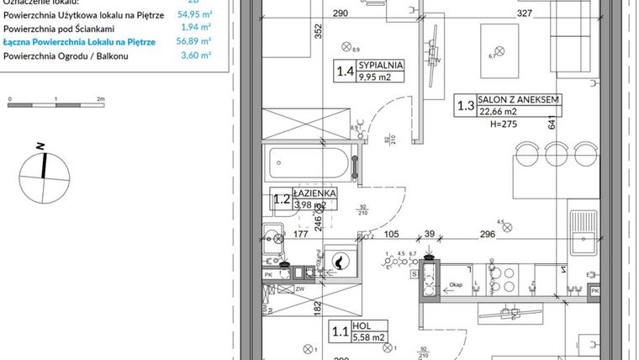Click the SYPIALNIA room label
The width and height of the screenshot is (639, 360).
pyautogui.click(x=381, y=64)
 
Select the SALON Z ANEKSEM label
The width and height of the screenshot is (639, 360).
pyautogui.click(x=518, y=99)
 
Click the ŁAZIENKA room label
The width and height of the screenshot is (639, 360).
pyautogui.click(x=315, y=193)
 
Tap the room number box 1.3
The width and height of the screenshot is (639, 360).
pyautogui.click(x=464, y=105)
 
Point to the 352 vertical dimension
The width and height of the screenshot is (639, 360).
pyautogui.click(x=296, y=32)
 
